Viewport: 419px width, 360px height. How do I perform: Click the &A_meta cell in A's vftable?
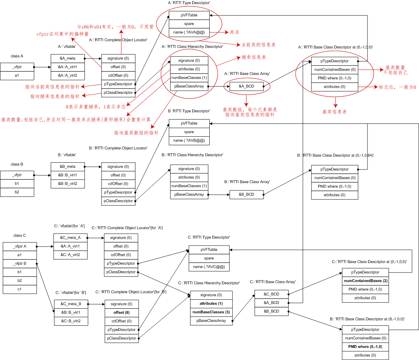point(68,58)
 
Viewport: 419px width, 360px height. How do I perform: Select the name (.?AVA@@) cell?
point(189,32)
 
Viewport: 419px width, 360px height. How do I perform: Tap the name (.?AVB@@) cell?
point(189,141)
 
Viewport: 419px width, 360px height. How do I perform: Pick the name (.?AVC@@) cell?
point(209,267)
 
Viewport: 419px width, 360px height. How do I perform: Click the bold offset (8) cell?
point(121,313)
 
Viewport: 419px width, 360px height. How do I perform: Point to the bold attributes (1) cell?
point(211,304)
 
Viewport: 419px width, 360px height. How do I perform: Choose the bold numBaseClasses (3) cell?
point(211,312)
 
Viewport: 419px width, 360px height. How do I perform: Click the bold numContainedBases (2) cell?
point(365,281)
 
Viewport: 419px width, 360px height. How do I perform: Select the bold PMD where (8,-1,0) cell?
point(365,347)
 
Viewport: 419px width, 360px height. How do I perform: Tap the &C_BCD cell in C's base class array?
point(271,294)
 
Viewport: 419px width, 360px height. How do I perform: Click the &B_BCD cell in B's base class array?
point(246,194)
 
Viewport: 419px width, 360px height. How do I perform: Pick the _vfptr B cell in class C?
point(20,263)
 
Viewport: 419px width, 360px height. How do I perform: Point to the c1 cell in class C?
point(20,289)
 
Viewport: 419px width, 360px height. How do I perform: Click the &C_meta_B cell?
point(71,304)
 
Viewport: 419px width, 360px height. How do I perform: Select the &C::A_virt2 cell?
point(70,255)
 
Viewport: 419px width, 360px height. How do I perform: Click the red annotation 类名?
point(235,32)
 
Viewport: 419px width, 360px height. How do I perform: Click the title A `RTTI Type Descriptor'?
point(189,3)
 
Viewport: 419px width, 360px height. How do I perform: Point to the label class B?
point(17,164)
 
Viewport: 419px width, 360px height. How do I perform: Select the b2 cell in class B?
point(17,192)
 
